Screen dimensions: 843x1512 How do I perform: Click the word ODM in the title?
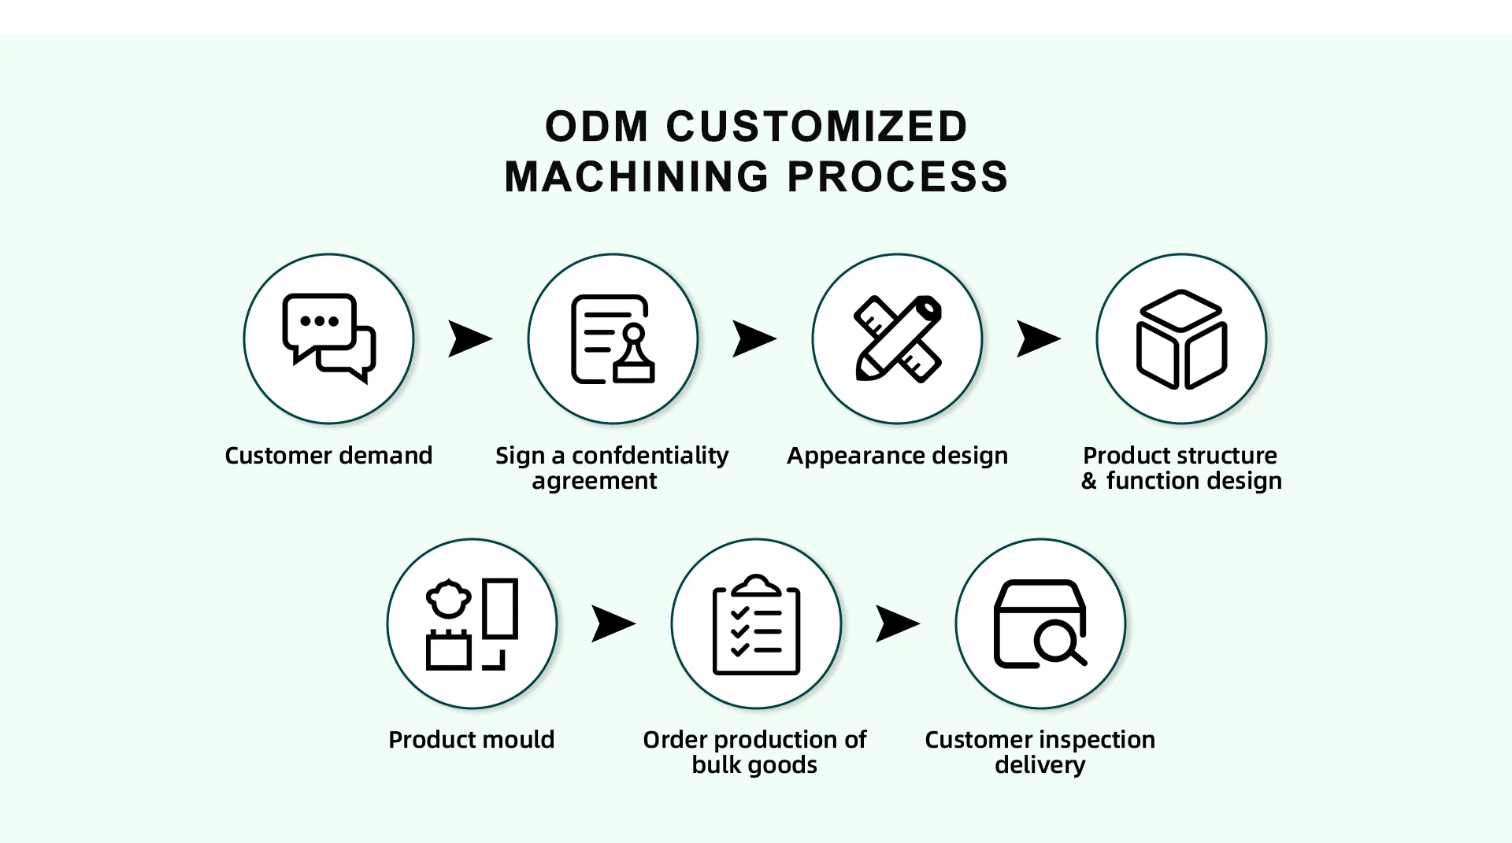pyautogui.click(x=597, y=128)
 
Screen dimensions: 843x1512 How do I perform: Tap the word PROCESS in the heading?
pyautogui.click(x=898, y=177)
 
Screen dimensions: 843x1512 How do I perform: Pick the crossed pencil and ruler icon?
pyautogui.click(x=897, y=338)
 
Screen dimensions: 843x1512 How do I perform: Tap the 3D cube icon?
pyautogui.click(x=1181, y=338)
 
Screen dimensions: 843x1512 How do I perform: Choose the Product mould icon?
pyautogui.click(x=472, y=623)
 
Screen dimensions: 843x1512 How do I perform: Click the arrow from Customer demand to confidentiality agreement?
pyautogui.click(x=469, y=338)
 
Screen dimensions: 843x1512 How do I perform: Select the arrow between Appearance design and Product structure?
pyautogui.click(x=1038, y=338)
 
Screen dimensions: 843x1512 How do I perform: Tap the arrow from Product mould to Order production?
pyautogui.click(x=613, y=623)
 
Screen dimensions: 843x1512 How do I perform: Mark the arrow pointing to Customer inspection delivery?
pyautogui.click(x=897, y=623)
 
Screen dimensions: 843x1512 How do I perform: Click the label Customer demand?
pyautogui.click(x=328, y=456)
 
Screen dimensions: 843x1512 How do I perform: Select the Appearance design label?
pyautogui.click(x=897, y=456)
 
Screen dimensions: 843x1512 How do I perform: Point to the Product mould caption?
pyautogui.click(x=472, y=740)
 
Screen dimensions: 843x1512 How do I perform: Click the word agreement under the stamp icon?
pyautogui.click(x=594, y=481)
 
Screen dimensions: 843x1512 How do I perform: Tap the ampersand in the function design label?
pyautogui.click(x=1088, y=481)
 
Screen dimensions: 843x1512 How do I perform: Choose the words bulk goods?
pyautogui.click(x=754, y=765)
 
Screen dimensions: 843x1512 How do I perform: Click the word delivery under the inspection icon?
pyautogui.click(x=1039, y=765)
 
